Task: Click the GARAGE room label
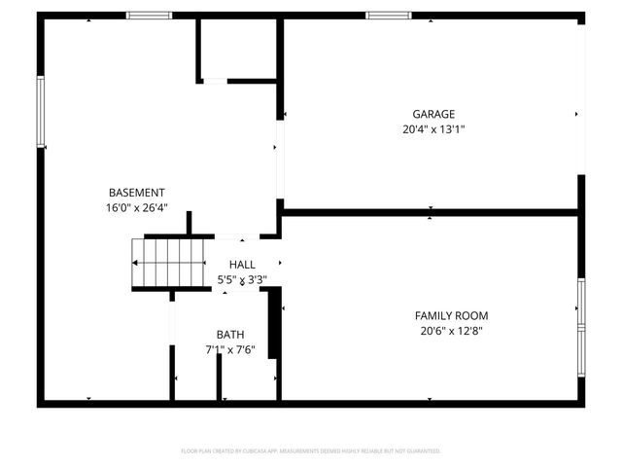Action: (433, 114)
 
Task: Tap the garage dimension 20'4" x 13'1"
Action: (433, 128)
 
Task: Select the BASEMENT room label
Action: (136, 193)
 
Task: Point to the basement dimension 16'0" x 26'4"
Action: (136, 207)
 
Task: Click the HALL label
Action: (242, 265)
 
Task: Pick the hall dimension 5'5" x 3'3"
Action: (242, 279)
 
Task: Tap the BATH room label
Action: (230, 334)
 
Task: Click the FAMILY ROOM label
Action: (451, 315)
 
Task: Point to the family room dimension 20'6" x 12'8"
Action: (451, 330)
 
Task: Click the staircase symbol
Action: (169, 263)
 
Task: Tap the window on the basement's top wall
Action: (150, 16)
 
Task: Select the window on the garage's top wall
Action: (388, 16)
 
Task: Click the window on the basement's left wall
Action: (41, 112)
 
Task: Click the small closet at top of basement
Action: (238, 49)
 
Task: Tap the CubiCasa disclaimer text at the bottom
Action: (311, 450)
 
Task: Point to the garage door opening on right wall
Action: (582, 97)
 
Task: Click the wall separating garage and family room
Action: (432, 211)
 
